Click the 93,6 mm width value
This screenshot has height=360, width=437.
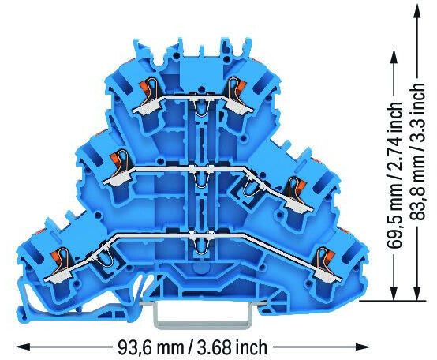pos(151,347)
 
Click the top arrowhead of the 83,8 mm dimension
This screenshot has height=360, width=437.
pos(417,12)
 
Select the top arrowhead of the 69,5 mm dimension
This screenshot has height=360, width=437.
pos(394,57)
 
